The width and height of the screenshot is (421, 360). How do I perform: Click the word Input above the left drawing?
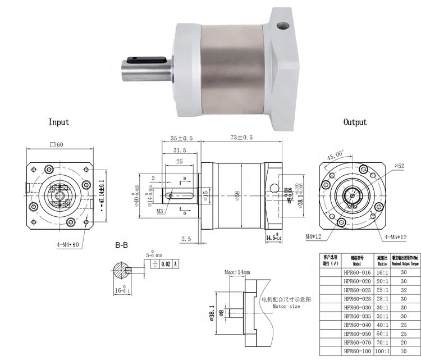tap(59, 122)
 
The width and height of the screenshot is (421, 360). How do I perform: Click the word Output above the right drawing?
tap(355, 122)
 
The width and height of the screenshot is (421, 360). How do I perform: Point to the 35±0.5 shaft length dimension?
tap(180, 138)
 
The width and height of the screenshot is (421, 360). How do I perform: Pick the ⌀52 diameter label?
tap(399, 166)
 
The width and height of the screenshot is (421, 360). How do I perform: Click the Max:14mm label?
tap(238, 272)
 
